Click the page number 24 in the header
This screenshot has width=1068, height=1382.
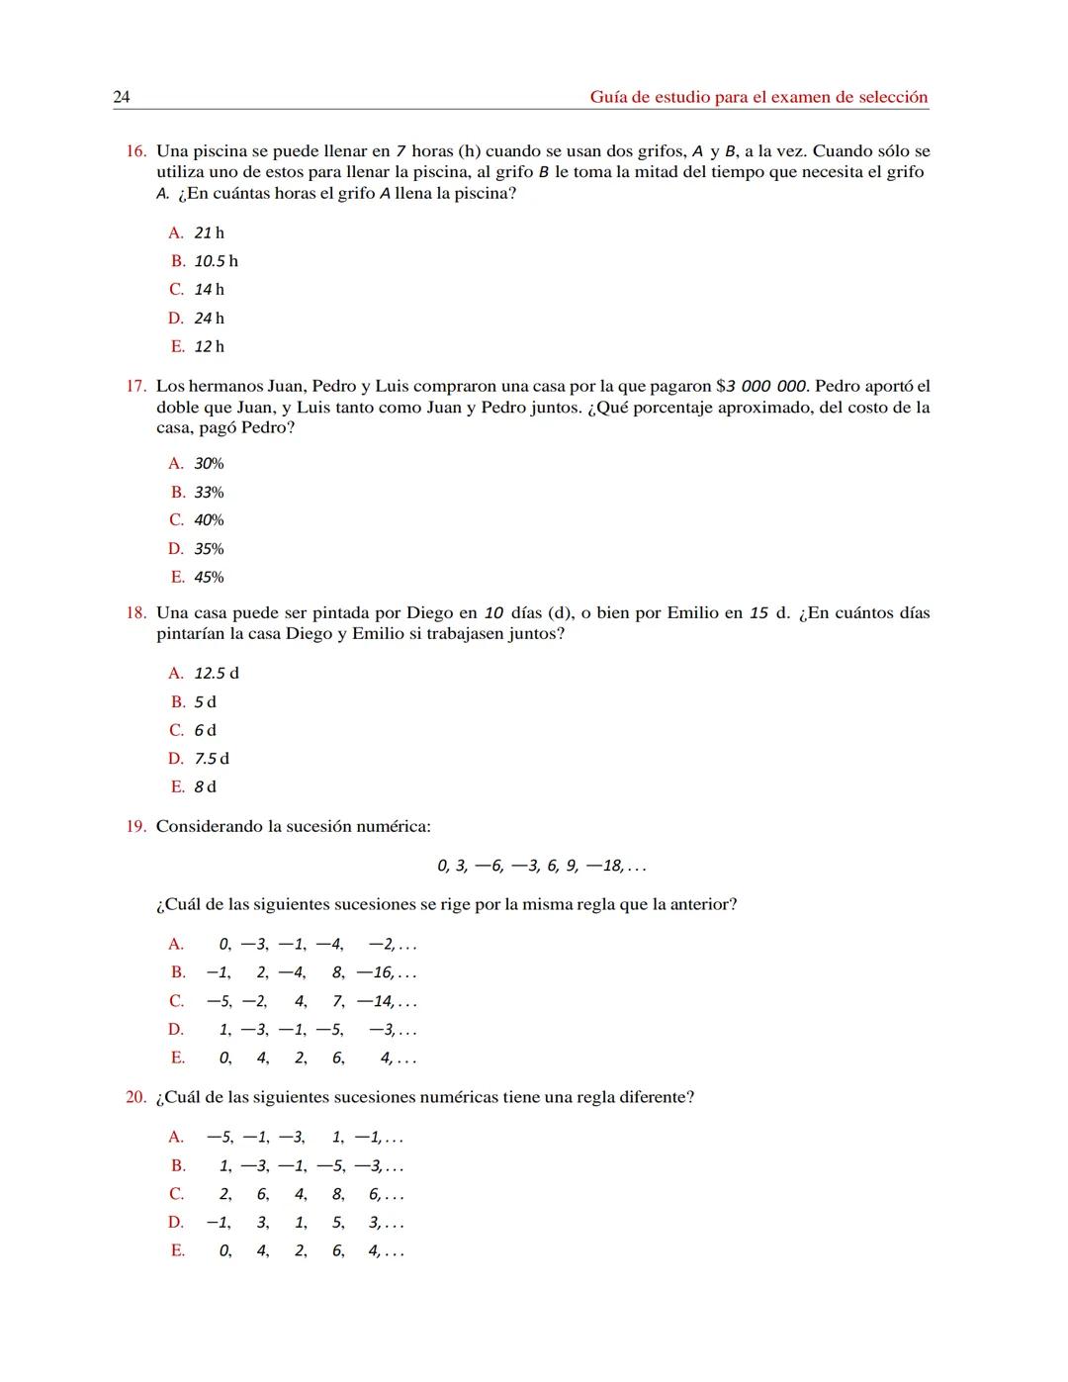coord(122,97)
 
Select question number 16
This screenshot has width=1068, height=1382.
coord(136,151)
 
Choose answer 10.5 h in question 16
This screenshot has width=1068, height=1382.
coord(216,261)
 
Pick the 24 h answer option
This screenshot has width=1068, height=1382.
coord(209,319)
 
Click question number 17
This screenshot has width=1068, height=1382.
coord(136,387)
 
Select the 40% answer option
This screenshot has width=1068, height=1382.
coord(209,520)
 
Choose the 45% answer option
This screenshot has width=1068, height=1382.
coord(209,578)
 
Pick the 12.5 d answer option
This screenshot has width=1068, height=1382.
coord(216,674)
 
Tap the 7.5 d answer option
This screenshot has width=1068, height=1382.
coord(212,759)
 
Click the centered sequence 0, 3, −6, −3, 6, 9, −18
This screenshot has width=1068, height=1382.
coord(541,867)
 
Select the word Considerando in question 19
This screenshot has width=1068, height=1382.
coord(202,827)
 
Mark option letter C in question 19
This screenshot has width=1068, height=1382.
coord(176,1001)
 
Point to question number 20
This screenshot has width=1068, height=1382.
coord(136,1098)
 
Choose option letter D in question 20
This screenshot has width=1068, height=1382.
coord(176,1223)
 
